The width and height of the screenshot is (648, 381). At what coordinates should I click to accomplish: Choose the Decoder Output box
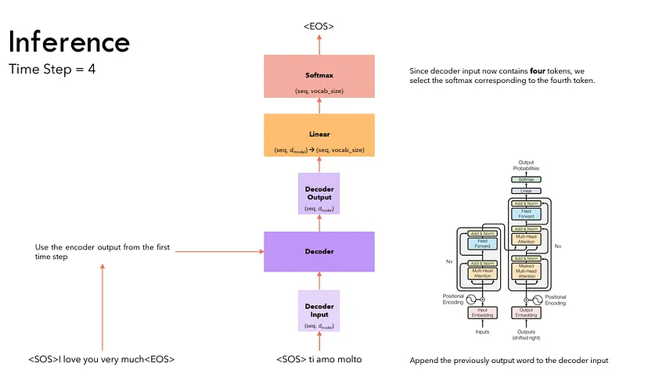tap(319, 193)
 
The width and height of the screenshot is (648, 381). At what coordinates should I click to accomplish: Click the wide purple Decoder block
tap(319, 251)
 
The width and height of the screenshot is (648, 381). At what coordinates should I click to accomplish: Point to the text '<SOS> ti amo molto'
tap(319, 360)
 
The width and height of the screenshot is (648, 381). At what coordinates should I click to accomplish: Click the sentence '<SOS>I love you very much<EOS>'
tap(101, 360)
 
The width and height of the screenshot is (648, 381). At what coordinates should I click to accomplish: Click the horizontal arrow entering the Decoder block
tap(219, 252)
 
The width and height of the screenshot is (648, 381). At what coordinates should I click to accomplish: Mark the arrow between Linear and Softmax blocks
tap(319, 106)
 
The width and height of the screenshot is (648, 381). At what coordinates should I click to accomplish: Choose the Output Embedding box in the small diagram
tap(527, 311)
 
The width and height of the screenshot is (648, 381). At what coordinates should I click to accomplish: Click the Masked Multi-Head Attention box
tap(527, 272)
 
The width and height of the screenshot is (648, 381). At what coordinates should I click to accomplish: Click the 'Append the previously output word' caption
tap(509, 361)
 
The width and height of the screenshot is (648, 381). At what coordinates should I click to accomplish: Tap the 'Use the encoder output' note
tap(102, 252)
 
